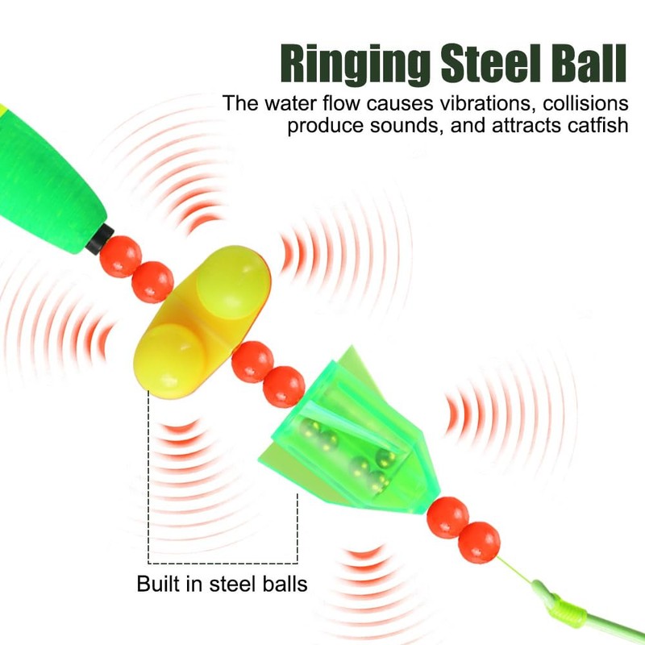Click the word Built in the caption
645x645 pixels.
(160, 584)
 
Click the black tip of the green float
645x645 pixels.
(102, 237)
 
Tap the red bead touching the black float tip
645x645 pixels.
(121, 256)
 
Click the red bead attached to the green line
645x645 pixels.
(480, 541)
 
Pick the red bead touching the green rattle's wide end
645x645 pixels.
(284, 386)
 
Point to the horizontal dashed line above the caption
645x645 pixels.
(223, 563)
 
